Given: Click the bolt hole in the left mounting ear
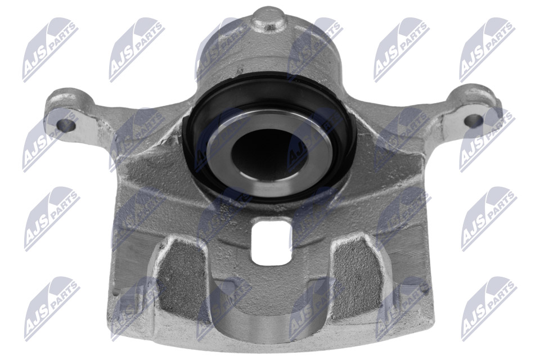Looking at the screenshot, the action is (x=66, y=126).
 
